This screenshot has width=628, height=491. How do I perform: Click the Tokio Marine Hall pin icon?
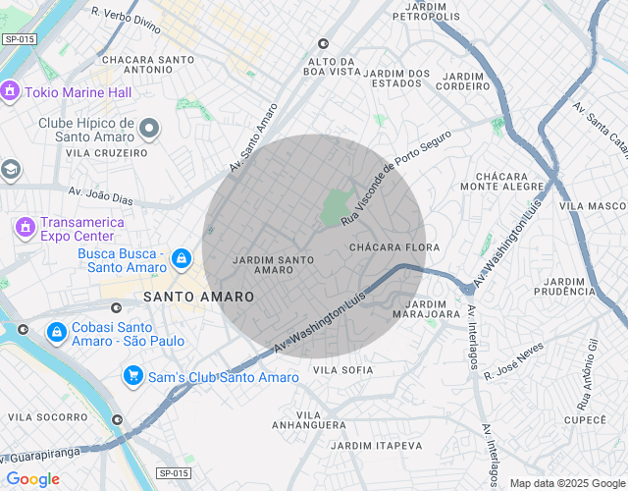pyautogui.click(x=11, y=92)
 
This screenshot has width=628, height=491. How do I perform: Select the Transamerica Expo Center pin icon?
pyautogui.click(x=24, y=227)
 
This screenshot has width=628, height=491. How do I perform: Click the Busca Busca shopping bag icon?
pyautogui.click(x=181, y=258)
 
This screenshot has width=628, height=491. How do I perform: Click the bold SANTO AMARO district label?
pyautogui.click(x=198, y=297)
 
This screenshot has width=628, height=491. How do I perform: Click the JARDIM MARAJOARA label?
pyautogui.click(x=426, y=309)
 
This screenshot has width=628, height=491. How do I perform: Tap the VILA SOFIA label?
pyautogui.click(x=341, y=370)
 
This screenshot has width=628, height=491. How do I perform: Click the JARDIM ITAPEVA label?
pyautogui.click(x=376, y=446)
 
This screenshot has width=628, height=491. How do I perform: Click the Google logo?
pyautogui.click(x=32, y=479)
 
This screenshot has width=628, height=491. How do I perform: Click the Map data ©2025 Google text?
pyautogui.click(x=567, y=483)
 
